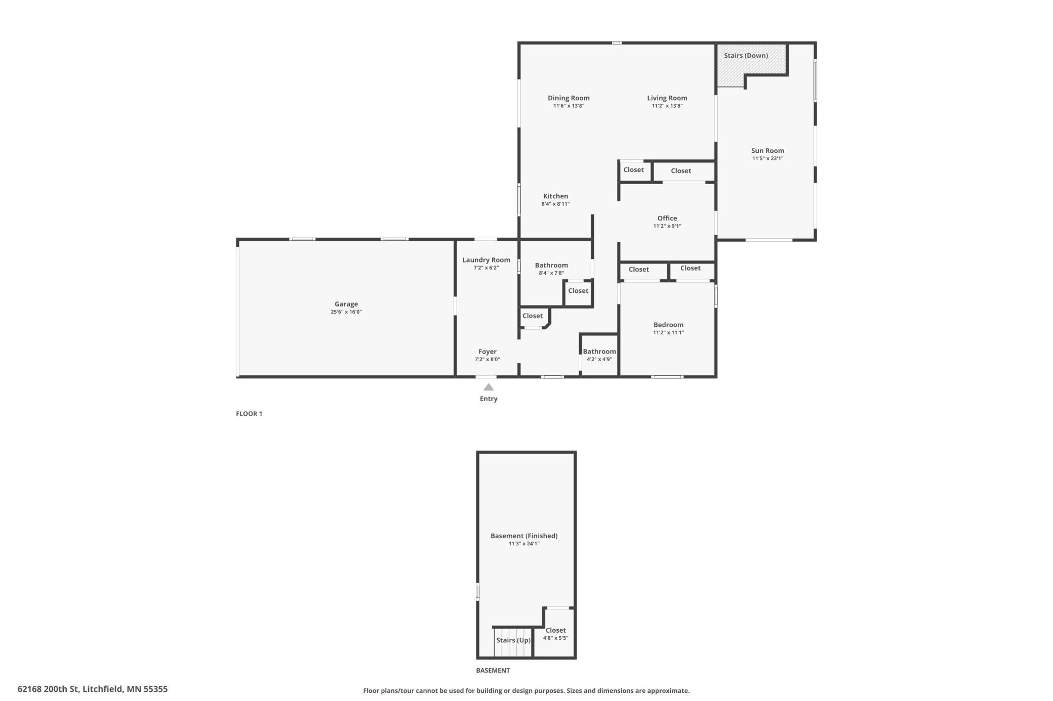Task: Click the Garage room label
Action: coord(346,304)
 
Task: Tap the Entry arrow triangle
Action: coord(489,387)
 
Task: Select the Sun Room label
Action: coord(767,151)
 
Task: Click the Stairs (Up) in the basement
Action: coord(513,642)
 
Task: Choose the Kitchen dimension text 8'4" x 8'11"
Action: coord(555,204)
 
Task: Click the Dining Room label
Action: coord(569,98)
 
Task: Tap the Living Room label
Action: coord(667,98)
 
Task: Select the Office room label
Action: coord(667,218)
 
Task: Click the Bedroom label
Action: coord(668,325)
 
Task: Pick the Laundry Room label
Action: coord(486,260)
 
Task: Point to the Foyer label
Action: coord(488,352)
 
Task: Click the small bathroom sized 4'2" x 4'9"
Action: coord(599,355)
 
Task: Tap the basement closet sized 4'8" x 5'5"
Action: coord(555,634)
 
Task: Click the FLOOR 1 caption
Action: coord(249,414)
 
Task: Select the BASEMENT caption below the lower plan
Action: coord(493,671)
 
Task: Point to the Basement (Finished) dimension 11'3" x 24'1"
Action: coord(524,544)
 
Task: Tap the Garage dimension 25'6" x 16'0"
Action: coord(346,312)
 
